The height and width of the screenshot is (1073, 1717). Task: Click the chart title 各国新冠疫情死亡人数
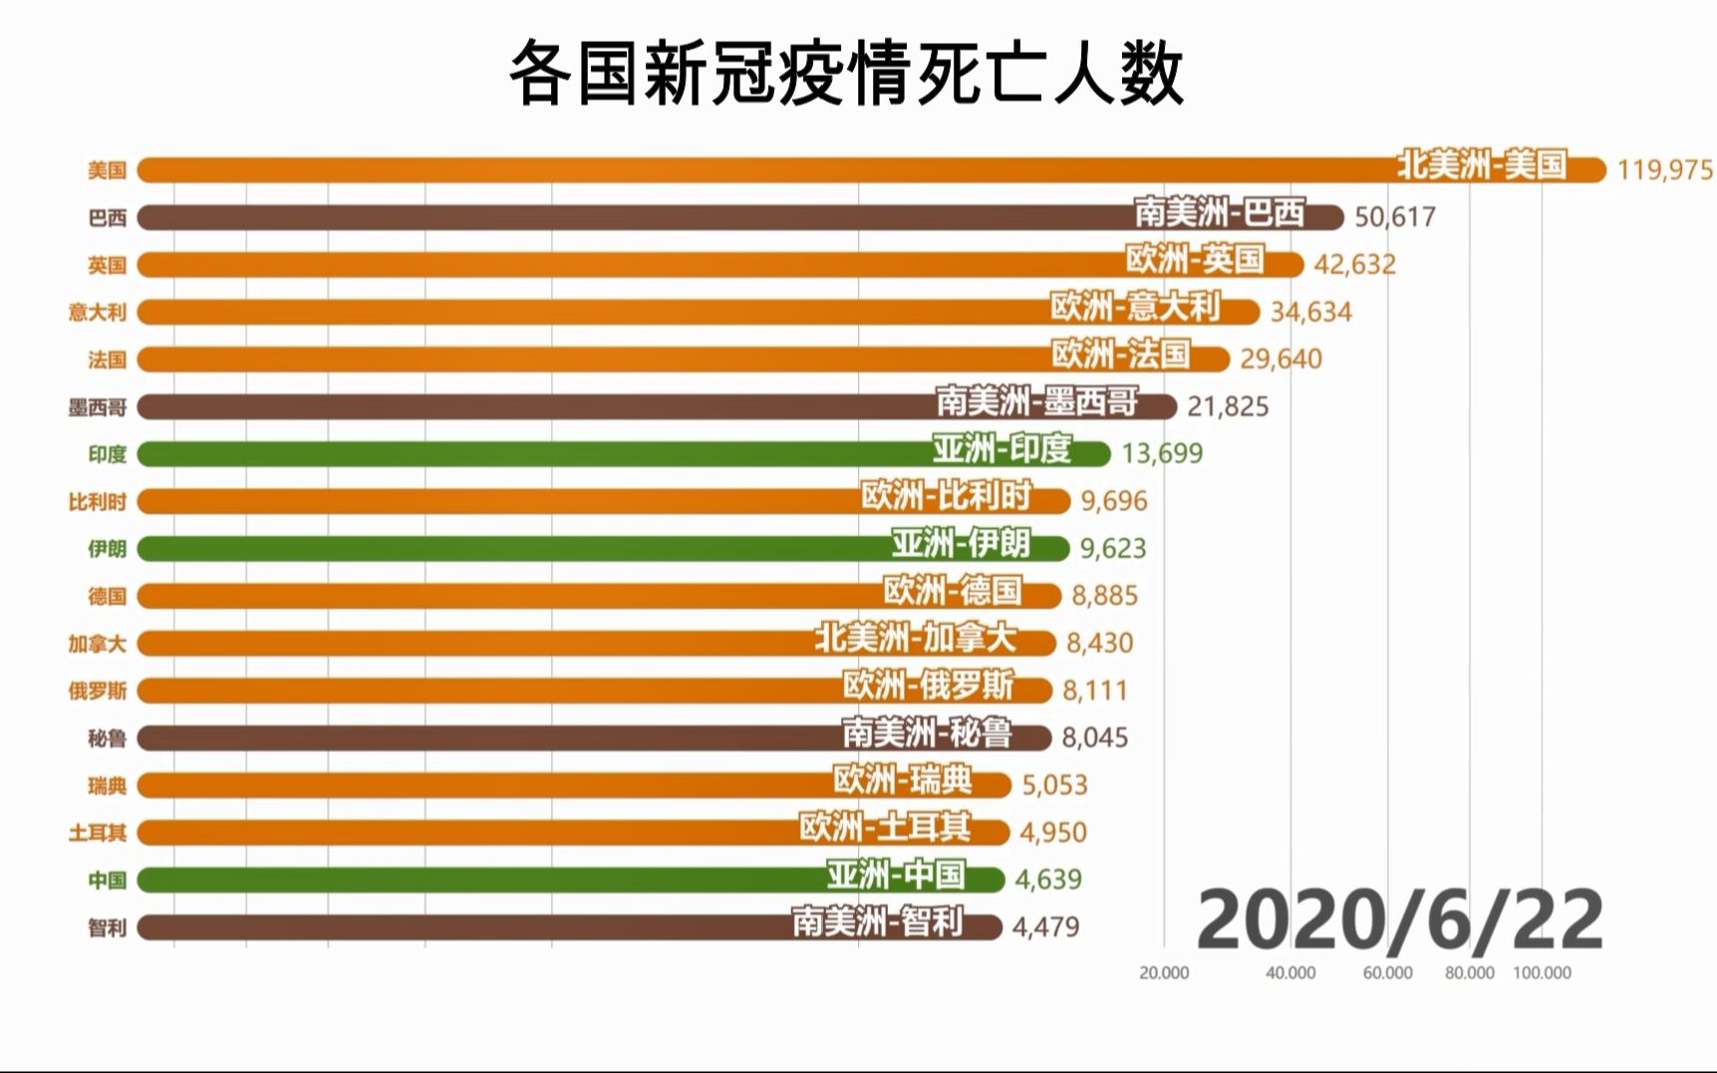(846, 74)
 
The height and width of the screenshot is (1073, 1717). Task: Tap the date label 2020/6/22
(1399, 921)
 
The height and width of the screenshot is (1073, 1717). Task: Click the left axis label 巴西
(107, 218)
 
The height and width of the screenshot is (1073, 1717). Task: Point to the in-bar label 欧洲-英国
(1195, 260)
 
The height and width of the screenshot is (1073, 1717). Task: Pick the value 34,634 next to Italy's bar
(1310, 313)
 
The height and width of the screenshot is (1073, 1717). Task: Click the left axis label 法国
(107, 360)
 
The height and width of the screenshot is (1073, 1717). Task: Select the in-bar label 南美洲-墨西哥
(1036, 402)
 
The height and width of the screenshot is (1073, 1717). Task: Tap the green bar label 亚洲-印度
(1002, 449)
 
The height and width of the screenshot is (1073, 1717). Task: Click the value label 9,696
(1114, 501)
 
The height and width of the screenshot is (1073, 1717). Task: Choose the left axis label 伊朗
(107, 549)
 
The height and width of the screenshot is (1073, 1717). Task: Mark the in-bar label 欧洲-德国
(953, 592)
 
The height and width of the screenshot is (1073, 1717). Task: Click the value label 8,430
(1099, 643)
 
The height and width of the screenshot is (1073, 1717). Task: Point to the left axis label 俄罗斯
(98, 690)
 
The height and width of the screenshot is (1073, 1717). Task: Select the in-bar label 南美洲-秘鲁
(927, 733)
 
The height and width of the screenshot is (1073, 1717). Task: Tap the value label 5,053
(1054, 785)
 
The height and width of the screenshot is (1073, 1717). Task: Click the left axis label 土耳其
(98, 833)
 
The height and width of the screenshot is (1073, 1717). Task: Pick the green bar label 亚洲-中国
(896, 876)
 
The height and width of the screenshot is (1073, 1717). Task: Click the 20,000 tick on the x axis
(1164, 973)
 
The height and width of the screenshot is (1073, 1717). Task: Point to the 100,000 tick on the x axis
(1542, 973)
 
